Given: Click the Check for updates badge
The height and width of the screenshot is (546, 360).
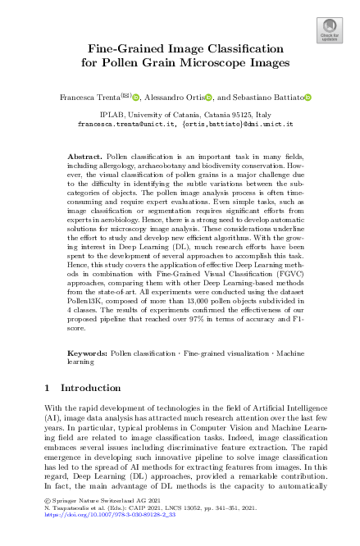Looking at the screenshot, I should (x=330, y=31).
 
